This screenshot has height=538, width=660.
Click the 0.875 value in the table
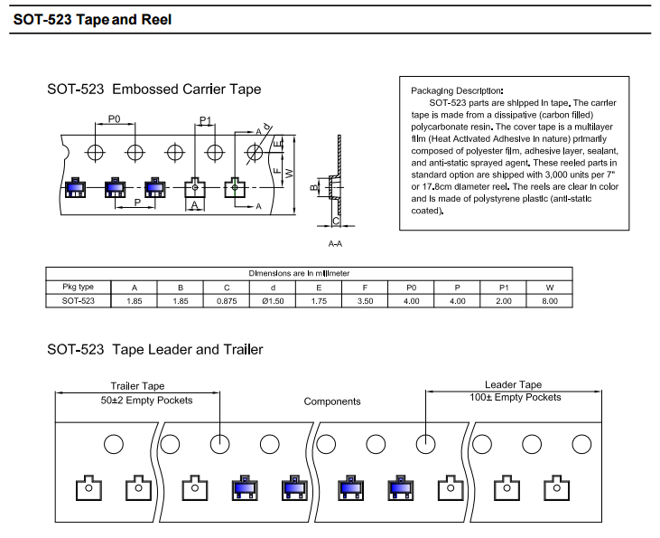[227, 301]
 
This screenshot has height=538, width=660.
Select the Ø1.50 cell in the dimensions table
[273, 301]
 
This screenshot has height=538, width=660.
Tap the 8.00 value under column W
[550, 301]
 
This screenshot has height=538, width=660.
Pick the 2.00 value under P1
[504, 301]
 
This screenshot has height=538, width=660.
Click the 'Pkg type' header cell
[78, 288]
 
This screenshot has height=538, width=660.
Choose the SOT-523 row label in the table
[78, 301]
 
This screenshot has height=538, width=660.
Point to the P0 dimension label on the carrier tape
[114, 118]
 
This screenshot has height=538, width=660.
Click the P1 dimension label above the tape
[205, 120]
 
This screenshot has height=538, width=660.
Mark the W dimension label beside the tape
[289, 174]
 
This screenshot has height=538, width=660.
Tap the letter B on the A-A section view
[313, 187]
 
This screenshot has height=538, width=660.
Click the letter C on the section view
[336, 221]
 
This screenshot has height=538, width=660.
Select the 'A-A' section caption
[335, 244]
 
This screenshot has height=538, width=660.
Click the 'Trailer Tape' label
[137, 386]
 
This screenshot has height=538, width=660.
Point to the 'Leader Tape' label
[513, 384]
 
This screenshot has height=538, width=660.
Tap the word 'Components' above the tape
[332, 401]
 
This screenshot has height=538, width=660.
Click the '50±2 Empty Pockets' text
[146, 401]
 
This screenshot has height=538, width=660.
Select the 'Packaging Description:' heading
[457, 90]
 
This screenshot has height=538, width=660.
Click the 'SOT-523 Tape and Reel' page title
[92, 19]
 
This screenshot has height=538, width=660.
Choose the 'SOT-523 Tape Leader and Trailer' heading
[155, 350]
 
